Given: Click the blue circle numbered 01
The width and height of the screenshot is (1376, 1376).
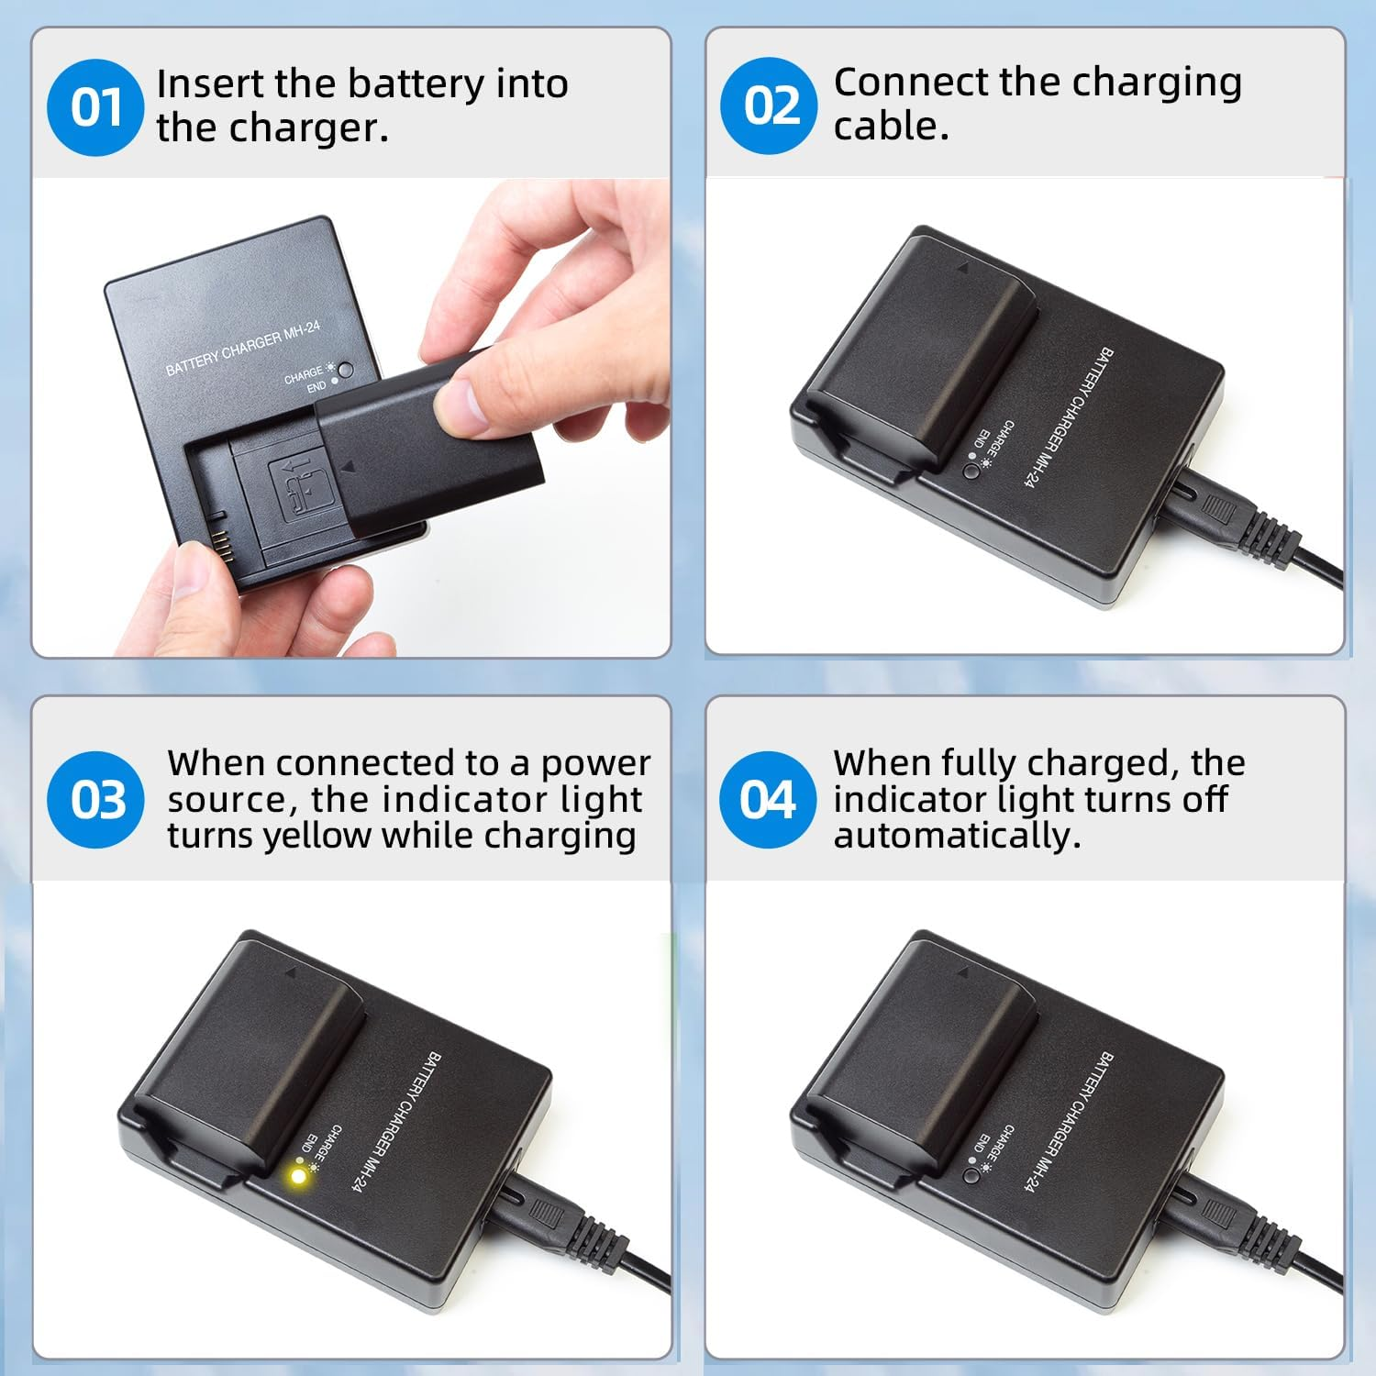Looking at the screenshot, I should pos(95,107).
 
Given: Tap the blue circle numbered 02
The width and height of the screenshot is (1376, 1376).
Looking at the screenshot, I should pos(769,105).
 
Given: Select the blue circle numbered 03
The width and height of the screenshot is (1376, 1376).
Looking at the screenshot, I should pos(97,799).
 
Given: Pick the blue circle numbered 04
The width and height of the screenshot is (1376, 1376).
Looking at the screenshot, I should pos(768,799).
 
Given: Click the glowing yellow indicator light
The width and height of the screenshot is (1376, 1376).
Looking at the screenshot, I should pos(298,1175).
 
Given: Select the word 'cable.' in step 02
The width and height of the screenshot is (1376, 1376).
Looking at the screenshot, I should pos(890,127).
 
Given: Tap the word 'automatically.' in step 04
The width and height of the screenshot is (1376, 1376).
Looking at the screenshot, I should pos(957,836).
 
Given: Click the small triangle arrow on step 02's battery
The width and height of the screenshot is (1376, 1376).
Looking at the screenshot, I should pos(962,269).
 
